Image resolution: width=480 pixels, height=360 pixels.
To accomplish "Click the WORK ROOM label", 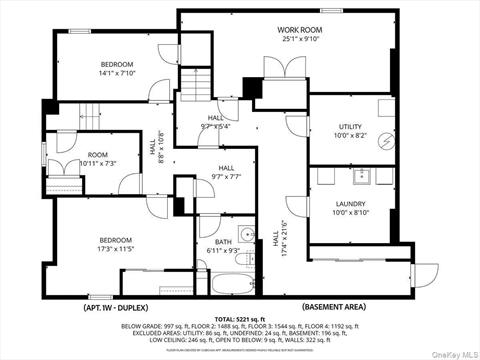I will [x=300, y=30].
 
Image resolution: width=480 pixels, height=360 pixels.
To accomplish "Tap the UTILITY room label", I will [x=350, y=127].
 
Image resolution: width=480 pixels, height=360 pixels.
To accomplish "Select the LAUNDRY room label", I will [x=350, y=203].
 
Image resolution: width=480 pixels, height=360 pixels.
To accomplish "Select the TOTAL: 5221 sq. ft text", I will [x=239, y=315].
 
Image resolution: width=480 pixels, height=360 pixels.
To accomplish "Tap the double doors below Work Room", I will [x=284, y=70].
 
